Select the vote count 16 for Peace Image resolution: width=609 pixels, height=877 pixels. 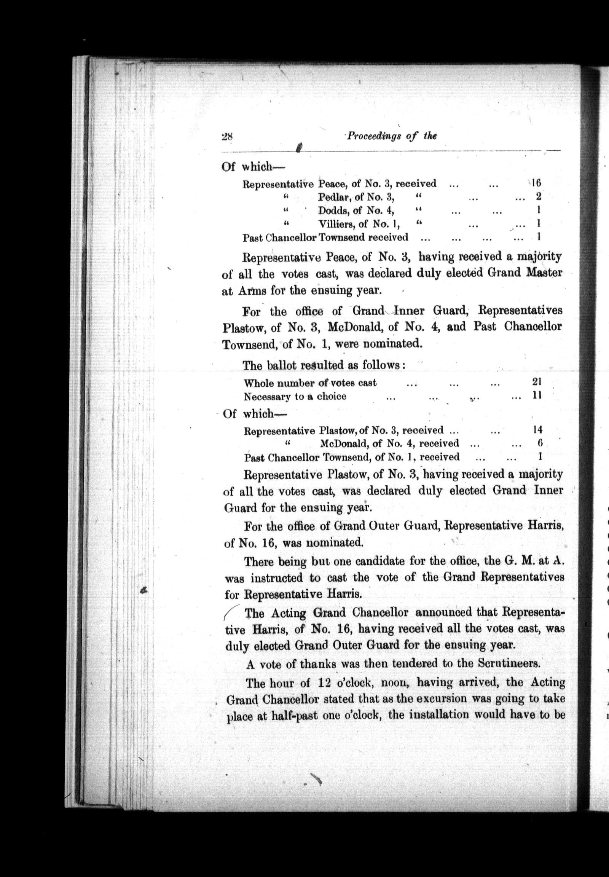(536, 183)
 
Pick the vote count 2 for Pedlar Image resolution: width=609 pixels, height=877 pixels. (539, 196)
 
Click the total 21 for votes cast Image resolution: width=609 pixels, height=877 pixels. (537, 382)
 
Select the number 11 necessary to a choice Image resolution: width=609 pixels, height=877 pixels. (537, 395)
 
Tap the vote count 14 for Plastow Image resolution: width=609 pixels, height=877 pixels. (537, 430)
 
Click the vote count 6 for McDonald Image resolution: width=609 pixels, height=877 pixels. (539, 443)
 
